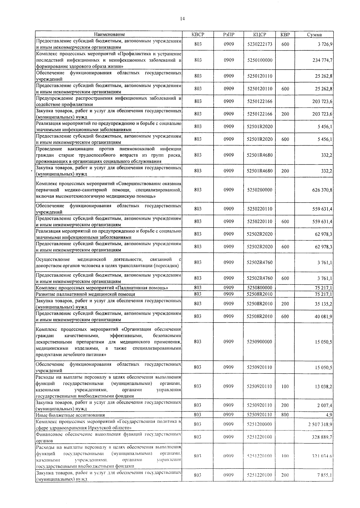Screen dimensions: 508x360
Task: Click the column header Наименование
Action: (x=109, y=34)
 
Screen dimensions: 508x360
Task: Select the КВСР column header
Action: (x=198, y=34)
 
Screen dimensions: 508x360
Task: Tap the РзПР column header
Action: (x=229, y=34)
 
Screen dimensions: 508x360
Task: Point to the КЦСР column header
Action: (x=259, y=34)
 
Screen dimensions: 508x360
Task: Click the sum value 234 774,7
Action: (x=322, y=60)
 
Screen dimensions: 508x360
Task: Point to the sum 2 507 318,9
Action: (x=320, y=424)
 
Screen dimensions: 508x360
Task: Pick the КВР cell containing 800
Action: (x=285, y=415)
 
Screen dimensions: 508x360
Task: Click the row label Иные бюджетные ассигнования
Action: (x=70, y=415)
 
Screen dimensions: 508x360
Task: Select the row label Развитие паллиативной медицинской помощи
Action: (x=85, y=294)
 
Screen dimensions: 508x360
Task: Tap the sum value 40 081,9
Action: (x=323, y=316)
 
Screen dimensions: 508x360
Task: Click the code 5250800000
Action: (x=259, y=288)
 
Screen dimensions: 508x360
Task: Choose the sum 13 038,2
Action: (x=323, y=387)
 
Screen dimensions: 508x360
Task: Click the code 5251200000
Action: (x=259, y=424)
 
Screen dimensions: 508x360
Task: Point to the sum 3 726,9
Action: (x=325, y=44)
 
